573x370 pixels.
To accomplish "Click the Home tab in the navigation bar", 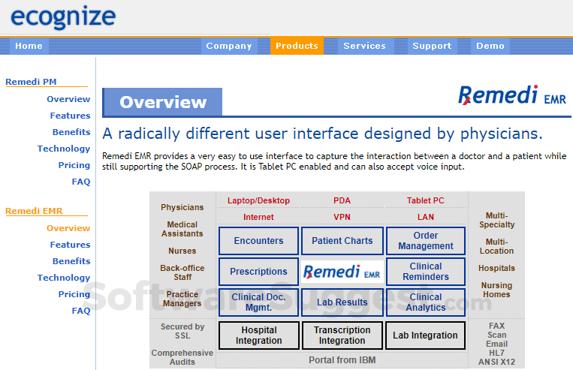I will (x=29, y=46).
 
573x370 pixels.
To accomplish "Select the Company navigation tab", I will (x=228, y=46).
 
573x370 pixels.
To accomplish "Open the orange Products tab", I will (x=297, y=46).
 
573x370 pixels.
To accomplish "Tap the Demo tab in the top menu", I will (x=490, y=46).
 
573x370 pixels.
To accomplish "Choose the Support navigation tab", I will (x=432, y=46).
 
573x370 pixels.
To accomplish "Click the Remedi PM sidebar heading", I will (x=31, y=82).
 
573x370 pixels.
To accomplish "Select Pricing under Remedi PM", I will (x=74, y=165).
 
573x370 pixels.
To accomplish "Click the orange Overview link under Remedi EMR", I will (x=68, y=228).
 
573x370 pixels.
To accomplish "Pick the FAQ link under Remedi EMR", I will (x=81, y=311).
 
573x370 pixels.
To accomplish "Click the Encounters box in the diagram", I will (x=258, y=241).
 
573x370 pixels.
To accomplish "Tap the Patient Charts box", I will (x=342, y=241).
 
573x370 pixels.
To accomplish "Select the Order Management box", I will (x=426, y=241).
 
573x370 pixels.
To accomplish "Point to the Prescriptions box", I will (x=258, y=272).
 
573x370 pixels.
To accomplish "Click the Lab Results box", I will (x=342, y=302).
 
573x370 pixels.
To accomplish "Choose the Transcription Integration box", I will (x=342, y=335).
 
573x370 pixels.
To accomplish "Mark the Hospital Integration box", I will (x=258, y=335).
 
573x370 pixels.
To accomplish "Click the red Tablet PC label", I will (x=425, y=200).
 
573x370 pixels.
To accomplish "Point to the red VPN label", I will (x=342, y=217).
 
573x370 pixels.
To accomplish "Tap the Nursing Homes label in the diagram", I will (x=496, y=290).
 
